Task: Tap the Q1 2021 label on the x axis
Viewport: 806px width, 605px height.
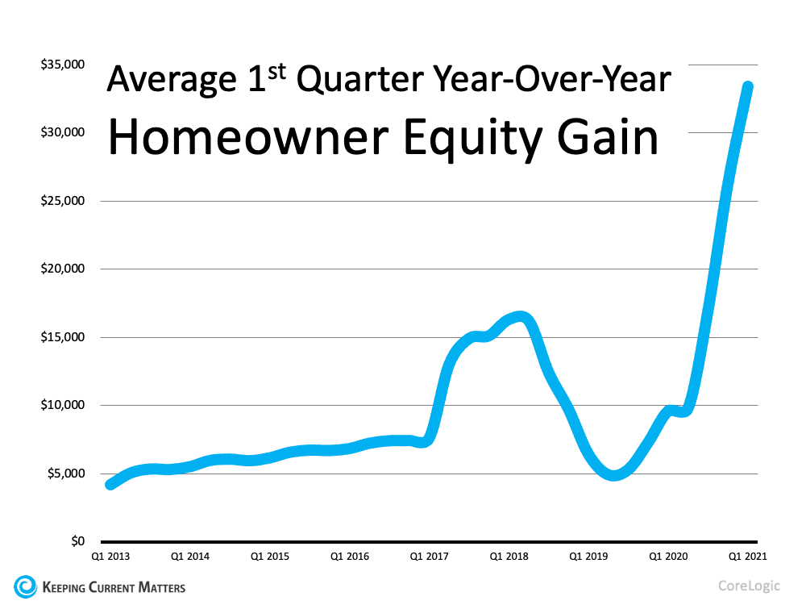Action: pyautogui.click(x=747, y=557)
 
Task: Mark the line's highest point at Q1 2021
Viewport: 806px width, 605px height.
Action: pyautogui.click(x=748, y=87)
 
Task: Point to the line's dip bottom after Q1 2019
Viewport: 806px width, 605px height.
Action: pyautogui.click(x=614, y=475)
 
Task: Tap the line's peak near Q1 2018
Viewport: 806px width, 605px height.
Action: pyautogui.click(x=520, y=317)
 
